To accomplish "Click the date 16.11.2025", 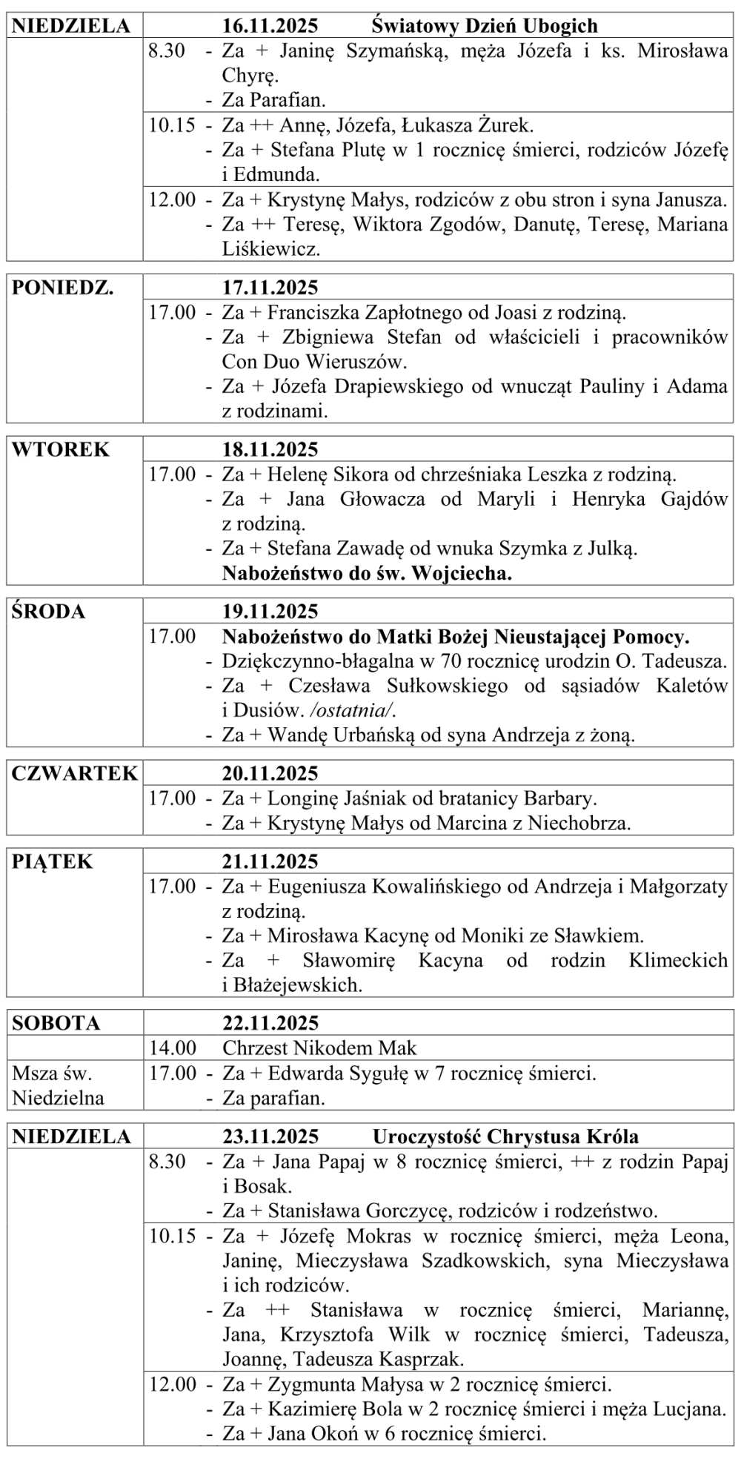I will [x=270, y=26].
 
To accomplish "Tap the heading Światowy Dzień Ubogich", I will [x=484, y=26].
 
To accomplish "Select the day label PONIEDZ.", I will [x=62, y=288].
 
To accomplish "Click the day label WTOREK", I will [x=60, y=449].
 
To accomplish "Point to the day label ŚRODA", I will [x=48, y=612].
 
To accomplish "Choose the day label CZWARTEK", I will [x=74, y=773].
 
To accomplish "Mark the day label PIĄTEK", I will [x=52, y=861].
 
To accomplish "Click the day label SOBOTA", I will [x=56, y=1023].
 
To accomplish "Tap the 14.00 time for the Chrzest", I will [x=172, y=1048].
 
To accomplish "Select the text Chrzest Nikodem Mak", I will [x=319, y=1048].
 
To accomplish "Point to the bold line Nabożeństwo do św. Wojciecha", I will [x=367, y=573].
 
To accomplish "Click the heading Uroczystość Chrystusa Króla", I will [x=505, y=1137].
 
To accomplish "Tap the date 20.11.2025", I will [x=270, y=773].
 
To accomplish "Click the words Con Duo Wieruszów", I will [x=314, y=362].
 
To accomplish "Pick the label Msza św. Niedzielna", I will [x=58, y=1085].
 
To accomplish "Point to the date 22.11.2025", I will [x=270, y=1023].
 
